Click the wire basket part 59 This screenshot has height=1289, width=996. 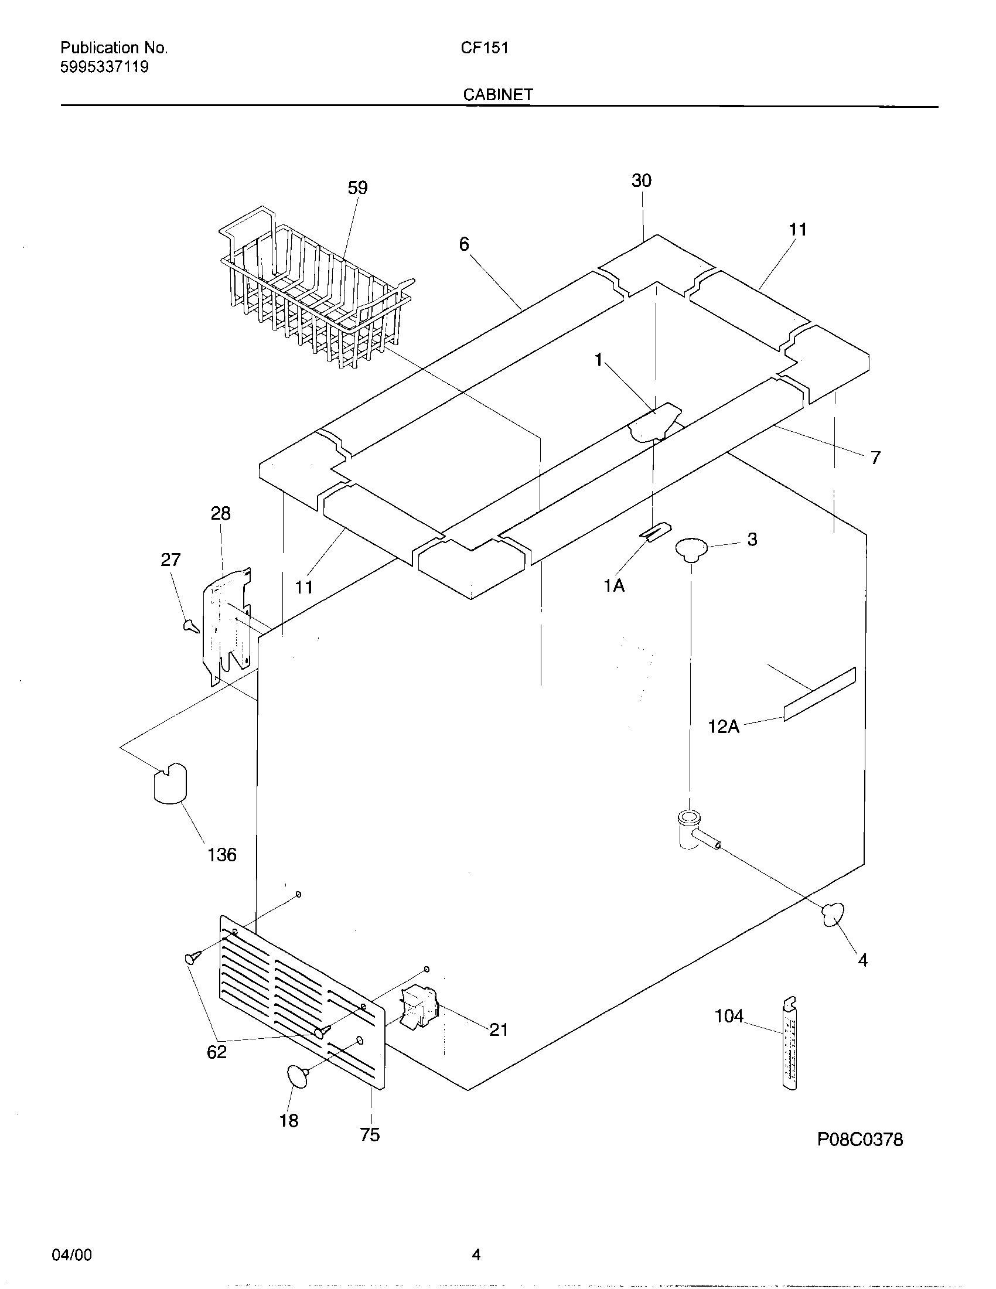[313, 289]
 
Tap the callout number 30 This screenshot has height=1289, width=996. [641, 180]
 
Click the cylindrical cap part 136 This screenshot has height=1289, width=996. [169, 783]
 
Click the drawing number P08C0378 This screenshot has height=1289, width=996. [859, 1140]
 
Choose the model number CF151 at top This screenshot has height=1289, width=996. [485, 48]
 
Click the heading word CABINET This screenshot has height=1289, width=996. [498, 94]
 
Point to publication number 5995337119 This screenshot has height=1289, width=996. [104, 67]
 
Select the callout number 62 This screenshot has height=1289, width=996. [217, 1052]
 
